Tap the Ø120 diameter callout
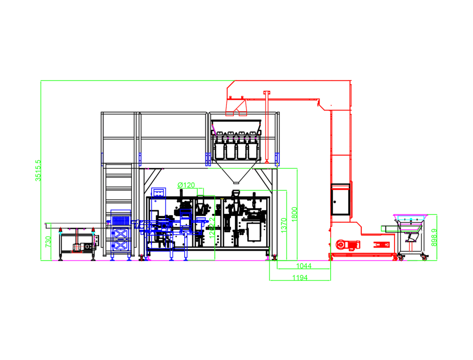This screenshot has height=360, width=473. tap(186, 185)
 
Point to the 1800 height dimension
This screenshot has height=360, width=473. tap(294, 214)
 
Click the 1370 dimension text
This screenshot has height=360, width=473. tap(284, 225)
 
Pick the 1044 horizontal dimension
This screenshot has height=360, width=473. tap(303, 266)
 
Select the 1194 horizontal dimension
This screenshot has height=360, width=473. tap(300, 277)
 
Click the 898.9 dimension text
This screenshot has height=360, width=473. tap(433, 238)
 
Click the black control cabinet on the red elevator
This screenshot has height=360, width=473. tap(340, 199)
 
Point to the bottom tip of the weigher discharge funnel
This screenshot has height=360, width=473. tap(236, 183)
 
